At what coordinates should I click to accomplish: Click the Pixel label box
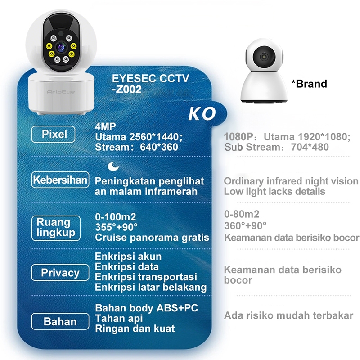tap(54, 134)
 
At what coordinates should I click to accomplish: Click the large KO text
tap(202, 113)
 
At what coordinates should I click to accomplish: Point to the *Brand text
tap(309, 84)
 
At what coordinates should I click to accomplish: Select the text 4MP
tap(104, 126)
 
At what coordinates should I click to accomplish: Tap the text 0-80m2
tap(242, 214)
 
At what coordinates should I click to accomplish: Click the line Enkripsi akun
tap(128, 256)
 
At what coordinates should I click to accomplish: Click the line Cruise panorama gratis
tap(152, 238)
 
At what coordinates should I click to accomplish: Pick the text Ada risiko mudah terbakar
tap(288, 315)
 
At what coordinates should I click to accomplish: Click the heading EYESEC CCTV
tap(150, 79)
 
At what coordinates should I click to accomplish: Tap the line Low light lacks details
tap(274, 192)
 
